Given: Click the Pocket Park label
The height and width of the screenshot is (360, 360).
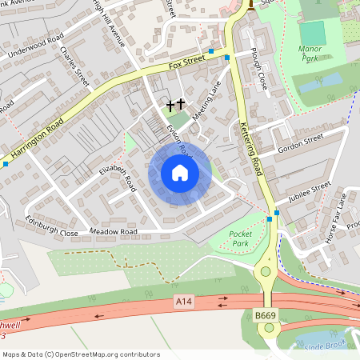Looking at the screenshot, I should click(240, 238).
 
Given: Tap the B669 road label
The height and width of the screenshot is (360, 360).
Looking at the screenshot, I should click(265, 316).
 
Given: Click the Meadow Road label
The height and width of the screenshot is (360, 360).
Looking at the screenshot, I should click(114, 232).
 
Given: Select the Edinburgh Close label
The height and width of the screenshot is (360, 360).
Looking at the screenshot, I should click(51, 226).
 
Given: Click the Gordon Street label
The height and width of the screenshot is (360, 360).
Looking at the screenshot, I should click(299, 144).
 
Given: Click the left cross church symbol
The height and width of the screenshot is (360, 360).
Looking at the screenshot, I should click(170, 104).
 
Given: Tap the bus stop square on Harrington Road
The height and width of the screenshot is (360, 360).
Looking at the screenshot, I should click(6, 163).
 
